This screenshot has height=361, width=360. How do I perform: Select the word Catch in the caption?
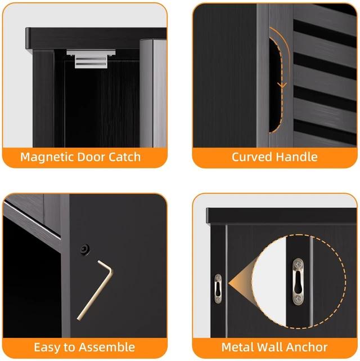(x=124, y=157)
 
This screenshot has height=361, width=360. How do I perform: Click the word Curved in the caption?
(x=252, y=157)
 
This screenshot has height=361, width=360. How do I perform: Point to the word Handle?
(x=297, y=157)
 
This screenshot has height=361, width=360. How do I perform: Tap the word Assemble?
(x=107, y=347)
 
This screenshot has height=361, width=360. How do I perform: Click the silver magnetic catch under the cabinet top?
(x=91, y=59)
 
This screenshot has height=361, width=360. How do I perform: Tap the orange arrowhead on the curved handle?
(x=282, y=85)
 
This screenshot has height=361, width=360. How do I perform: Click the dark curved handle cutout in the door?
(x=276, y=85)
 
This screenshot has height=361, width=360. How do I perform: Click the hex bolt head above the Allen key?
(x=85, y=249)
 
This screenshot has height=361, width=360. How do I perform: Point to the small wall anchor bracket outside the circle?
(x=218, y=288)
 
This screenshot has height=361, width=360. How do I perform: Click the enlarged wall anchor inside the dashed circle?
(x=298, y=282)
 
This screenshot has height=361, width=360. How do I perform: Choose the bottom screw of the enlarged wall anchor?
(x=298, y=299)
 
